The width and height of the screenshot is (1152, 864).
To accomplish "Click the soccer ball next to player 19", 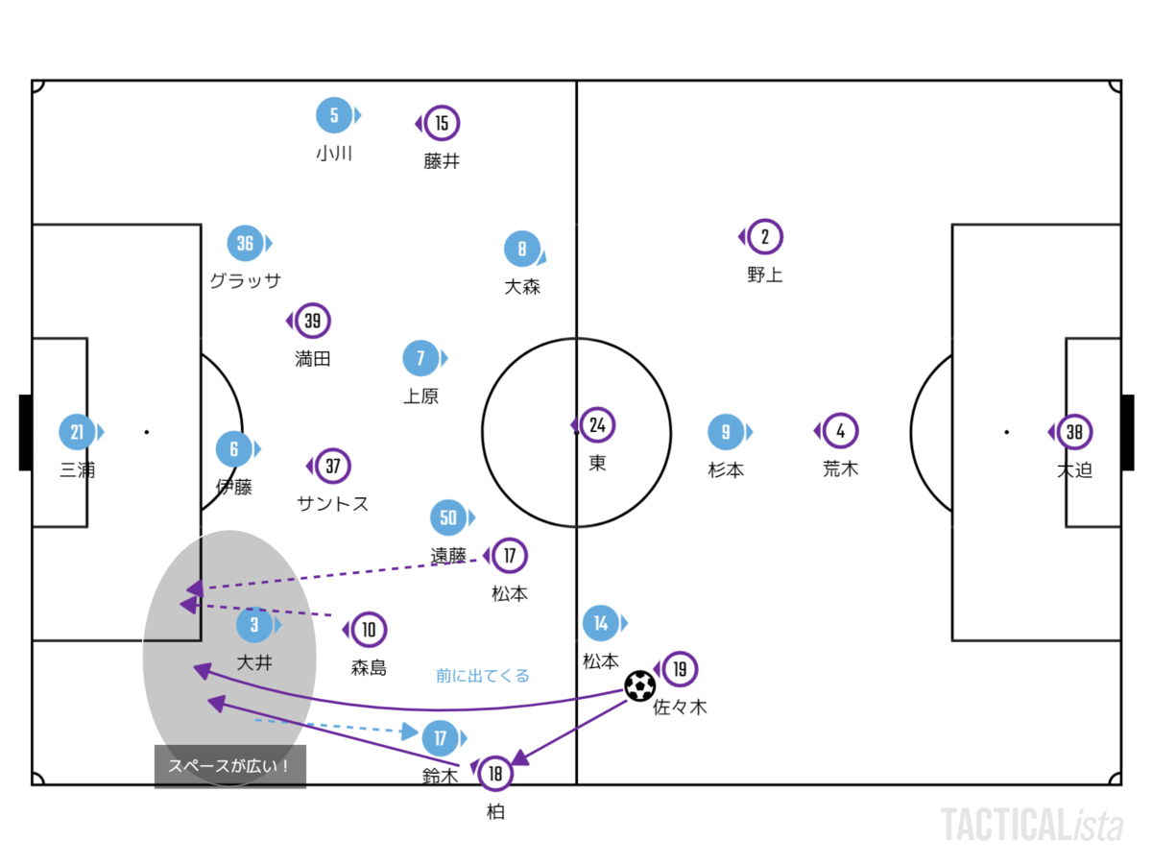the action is click(639, 685).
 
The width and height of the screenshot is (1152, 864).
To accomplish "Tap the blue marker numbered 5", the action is click(334, 116).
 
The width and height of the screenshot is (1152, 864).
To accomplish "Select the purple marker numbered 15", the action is click(442, 124).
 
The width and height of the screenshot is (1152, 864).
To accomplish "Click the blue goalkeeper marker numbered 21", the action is click(77, 432).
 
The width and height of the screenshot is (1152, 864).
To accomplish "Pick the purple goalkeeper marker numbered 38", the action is click(1074, 432).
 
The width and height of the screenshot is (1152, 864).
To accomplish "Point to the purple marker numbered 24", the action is click(597, 424).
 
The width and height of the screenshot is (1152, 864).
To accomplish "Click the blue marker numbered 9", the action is click(726, 432).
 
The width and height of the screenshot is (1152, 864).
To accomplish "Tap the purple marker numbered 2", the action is click(765, 236).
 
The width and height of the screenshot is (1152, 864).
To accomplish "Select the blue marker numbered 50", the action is click(448, 518).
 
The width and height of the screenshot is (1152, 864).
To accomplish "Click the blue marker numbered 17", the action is click(440, 738).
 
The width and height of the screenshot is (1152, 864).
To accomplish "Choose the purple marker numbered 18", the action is click(495, 773).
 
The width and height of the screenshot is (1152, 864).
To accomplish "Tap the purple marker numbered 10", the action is click(369, 630).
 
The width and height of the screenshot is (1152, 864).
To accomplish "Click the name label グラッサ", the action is click(246, 280).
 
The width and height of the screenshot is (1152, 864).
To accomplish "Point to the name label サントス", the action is click(333, 504).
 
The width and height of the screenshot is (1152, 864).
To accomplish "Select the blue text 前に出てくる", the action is click(482, 676).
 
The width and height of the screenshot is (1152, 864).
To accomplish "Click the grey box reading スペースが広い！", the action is click(230, 766).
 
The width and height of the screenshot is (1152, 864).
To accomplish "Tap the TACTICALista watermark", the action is click(1031, 825).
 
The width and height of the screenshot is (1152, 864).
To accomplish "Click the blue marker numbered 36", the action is click(245, 243).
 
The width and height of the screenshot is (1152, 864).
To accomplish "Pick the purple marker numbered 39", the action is click(312, 321).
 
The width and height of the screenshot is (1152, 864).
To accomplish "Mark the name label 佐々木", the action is click(680, 708).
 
